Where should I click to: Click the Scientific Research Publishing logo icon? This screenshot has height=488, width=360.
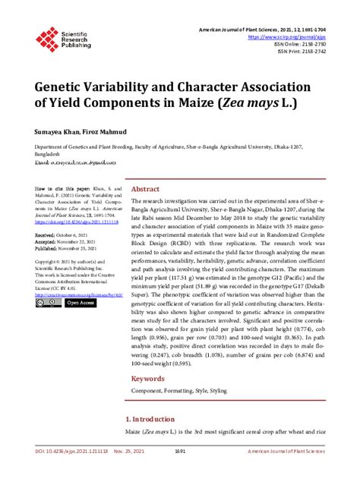[x=47, y=36]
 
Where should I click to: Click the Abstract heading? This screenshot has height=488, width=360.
[x=145, y=190]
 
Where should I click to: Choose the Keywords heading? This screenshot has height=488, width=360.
[x=149, y=378]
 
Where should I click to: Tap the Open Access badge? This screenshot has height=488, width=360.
[x=81, y=303]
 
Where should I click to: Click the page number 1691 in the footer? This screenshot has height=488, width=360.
[x=180, y=471]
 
